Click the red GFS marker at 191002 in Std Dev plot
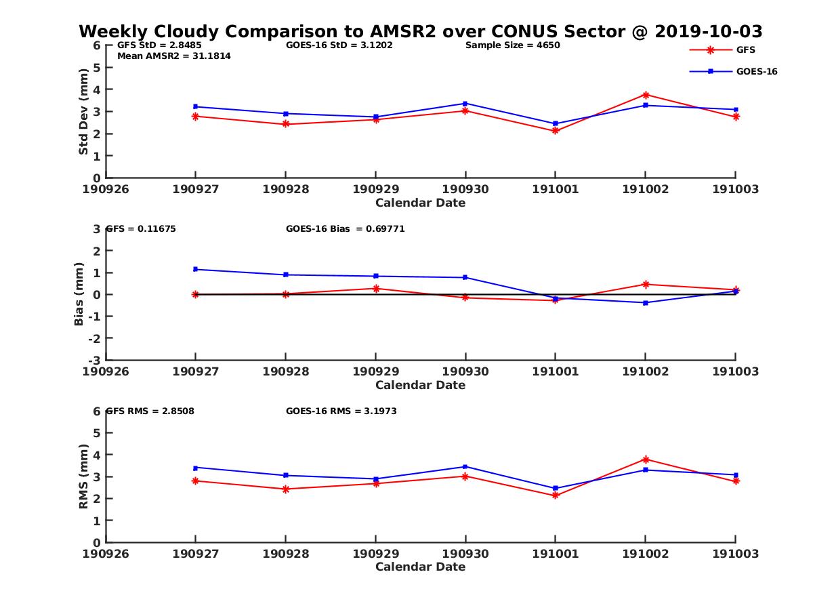[646, 95]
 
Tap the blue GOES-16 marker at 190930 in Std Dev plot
[465, 104]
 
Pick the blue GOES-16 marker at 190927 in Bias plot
[196, 269]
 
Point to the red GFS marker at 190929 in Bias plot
[376, 289]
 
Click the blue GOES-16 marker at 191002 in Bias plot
[646, 302]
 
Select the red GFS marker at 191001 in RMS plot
[556, 495]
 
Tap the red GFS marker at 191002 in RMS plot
[646, 460]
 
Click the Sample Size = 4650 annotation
[512, 45]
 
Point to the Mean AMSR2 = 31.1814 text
[174, 56]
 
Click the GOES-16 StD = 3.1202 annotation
[339, 45]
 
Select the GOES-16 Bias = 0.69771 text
[346, 229]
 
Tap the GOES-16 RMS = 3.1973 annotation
[341, 411]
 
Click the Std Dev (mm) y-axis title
[84, 111]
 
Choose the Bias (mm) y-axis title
[79, 293]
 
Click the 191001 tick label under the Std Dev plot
[556, 189]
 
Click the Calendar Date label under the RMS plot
[421, 567]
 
